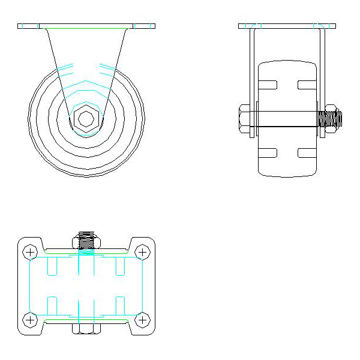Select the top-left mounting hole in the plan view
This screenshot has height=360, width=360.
[x=30, y=251]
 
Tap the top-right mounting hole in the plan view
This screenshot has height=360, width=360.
[x=142, y=251]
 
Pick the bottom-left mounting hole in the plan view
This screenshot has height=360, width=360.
[x=30, y=319]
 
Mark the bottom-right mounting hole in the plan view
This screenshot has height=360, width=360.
[x=142, y=319]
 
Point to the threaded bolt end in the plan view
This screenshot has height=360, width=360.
[x=87, y=241]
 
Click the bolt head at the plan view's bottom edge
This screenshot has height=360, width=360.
[x=86, y=329]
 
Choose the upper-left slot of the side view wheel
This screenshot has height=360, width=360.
[x=269, y=85]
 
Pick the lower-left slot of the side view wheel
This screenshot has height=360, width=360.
[x=269, y=152]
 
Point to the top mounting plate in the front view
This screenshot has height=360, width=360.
[x=86, y=26]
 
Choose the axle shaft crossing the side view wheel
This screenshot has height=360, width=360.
[x=287, y=127]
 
